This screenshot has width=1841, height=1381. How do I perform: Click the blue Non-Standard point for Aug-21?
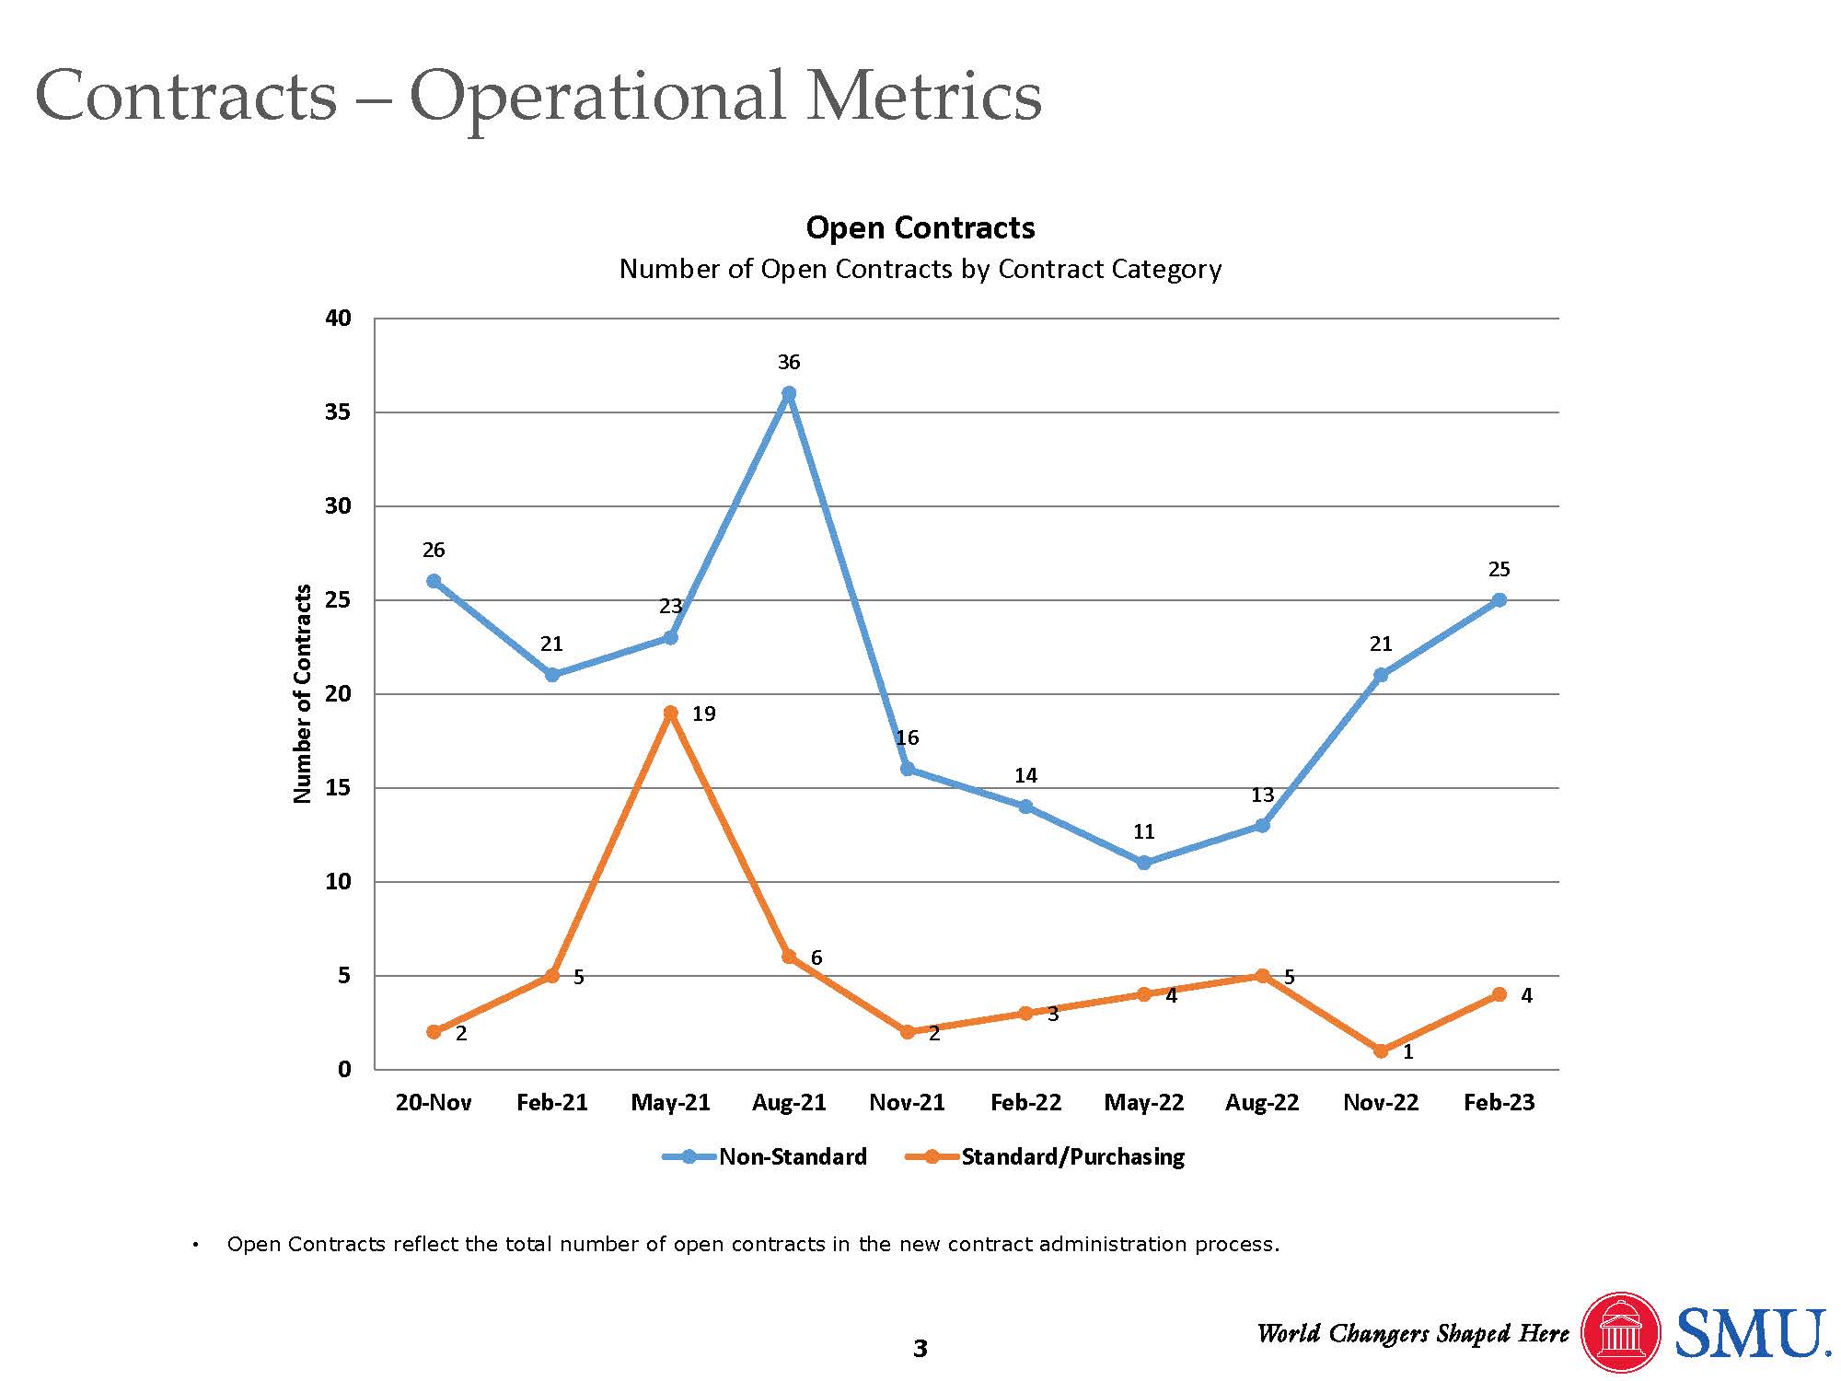coord(789,394)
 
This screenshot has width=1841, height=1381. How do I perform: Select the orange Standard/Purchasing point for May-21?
coord(670,713)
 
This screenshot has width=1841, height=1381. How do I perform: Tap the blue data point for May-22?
coord(1144,863)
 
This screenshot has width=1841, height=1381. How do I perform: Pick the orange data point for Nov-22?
coord(1381,1050)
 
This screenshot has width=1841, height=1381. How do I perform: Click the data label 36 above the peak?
coord(789,362)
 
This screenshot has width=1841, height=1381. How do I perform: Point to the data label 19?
coord(703,714)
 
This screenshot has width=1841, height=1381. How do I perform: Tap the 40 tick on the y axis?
coord(339,319)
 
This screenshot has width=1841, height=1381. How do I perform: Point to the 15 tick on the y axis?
coord(339,788)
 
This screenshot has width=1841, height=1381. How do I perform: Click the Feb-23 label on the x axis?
coord(1499,1102)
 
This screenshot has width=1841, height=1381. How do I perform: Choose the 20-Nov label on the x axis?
coord(434,1102)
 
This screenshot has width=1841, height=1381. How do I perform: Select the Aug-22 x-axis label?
coord(1262,1102)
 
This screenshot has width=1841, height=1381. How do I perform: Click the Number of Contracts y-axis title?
coord(303,693)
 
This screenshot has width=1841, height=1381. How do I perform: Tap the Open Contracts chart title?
coord(920,227)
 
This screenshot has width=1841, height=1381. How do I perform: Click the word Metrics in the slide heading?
coord(923,97)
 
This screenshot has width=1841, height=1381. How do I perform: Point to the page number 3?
coord(920,1349)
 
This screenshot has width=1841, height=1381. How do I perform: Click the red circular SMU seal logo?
coord(1620,1333)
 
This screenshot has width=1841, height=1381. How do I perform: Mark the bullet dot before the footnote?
coord(195,1246)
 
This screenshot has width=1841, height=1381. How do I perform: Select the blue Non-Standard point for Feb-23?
coord(1499,600)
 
